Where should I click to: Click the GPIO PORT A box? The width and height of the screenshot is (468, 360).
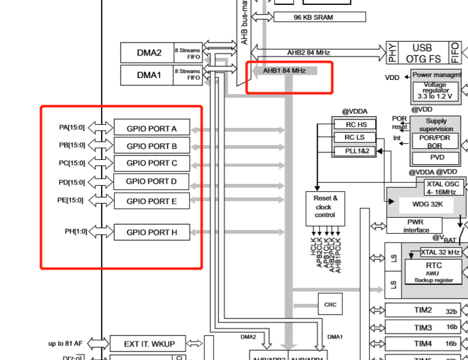151,128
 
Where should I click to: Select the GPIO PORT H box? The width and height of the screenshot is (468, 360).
151,232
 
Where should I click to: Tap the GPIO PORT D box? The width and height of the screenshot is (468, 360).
151,182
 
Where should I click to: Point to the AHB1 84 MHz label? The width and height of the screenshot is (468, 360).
284,71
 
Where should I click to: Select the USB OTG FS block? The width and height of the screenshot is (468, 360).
422,53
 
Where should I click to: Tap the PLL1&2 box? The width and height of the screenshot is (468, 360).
353,151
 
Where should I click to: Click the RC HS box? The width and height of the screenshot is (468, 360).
353,124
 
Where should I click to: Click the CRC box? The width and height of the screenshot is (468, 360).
329,304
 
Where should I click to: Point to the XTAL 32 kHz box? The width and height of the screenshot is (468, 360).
440,252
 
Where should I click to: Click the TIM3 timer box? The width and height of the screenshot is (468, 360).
422,327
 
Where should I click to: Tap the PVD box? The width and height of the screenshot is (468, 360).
437,158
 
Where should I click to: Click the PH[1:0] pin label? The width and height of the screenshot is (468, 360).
76,231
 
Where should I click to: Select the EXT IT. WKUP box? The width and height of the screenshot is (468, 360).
147,343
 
